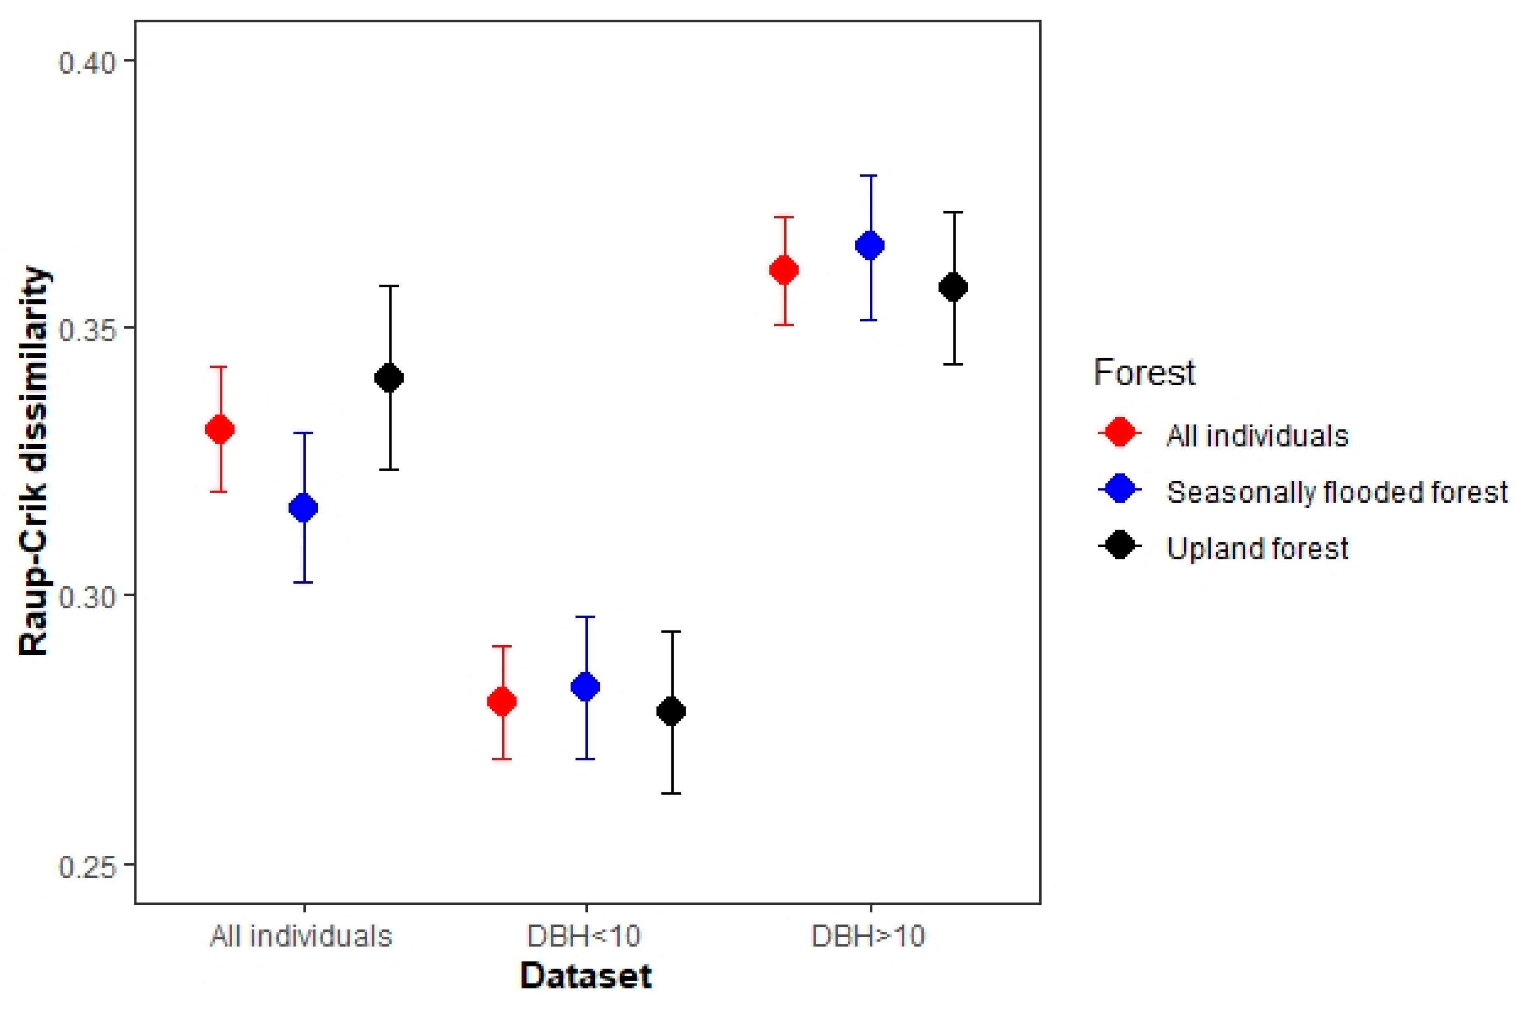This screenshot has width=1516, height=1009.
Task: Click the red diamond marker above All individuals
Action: click(x=219, y=429)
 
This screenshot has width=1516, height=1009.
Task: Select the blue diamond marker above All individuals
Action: click(x=303, y=508)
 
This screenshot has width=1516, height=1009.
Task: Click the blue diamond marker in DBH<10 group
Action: click(x=585, y=687)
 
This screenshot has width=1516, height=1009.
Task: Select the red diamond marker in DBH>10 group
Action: click(x=784, y=270)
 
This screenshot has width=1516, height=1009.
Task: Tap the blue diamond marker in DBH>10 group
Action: click(x=869, y=245)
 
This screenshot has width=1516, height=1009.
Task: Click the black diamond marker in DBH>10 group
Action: click(x=953, y=287)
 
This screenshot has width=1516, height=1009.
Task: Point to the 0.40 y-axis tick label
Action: click(x=87, y=63)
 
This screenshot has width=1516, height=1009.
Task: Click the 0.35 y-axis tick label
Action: click(x=87, y=329)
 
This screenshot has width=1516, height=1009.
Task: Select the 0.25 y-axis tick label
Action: click(x=87, y=866)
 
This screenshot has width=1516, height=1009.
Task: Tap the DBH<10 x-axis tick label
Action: click(x=584, y=936)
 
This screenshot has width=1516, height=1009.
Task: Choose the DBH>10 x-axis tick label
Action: click(x=868, y=936)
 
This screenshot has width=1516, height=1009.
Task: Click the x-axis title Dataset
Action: click(x=585, y=976)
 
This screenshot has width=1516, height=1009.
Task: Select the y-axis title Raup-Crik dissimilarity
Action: click(x=33, y=462)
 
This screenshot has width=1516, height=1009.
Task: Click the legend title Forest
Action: click(x=1144, y=372)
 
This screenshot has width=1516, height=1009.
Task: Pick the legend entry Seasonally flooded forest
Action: click(x=1336, y=492)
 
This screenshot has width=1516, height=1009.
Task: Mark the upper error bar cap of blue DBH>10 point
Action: click(x=869, y=175)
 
